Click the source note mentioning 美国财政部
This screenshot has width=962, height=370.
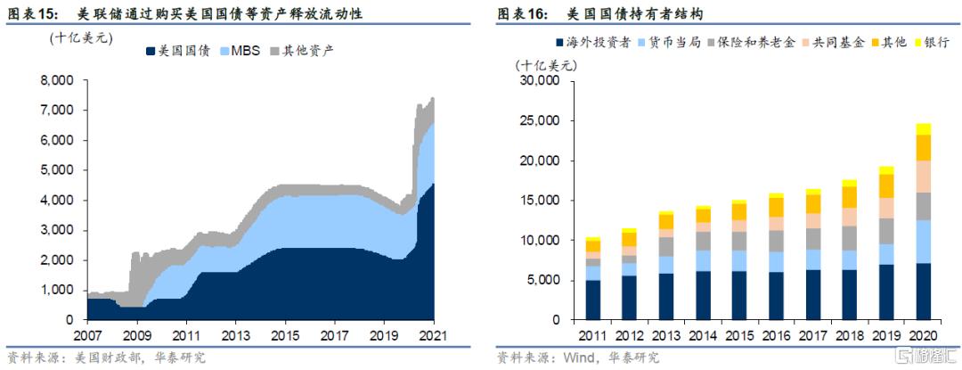pos(106,358)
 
